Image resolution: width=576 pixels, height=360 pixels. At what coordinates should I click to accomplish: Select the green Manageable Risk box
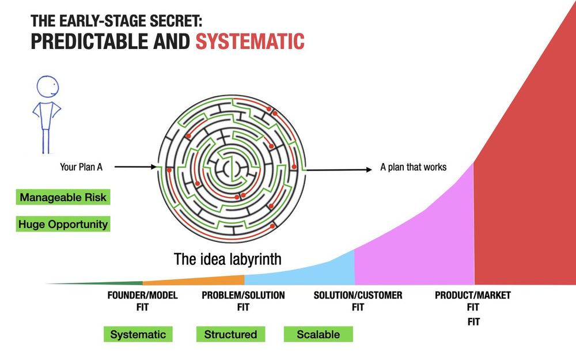pos(63,198)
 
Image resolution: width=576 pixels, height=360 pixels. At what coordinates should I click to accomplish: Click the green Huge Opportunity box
pos(63,223)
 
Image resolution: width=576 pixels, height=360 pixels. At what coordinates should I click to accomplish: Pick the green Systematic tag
pos(138,334)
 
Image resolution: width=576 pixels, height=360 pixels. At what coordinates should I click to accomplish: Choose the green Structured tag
pos(230,334)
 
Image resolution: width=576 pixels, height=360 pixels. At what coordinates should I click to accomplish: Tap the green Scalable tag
pos(318,334)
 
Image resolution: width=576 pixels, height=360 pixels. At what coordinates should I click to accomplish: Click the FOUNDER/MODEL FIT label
pos(142,301)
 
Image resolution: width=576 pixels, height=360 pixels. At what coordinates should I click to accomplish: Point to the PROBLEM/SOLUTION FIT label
pos(243,301)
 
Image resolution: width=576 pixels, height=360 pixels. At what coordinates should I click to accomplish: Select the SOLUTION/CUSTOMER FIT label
pos(358,301)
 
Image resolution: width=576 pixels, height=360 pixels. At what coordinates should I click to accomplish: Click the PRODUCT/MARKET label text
pos(472,295)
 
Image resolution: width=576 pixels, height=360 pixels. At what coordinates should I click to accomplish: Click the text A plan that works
pos(413,168)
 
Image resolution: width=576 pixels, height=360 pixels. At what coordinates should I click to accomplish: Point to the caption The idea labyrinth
pos(228,259)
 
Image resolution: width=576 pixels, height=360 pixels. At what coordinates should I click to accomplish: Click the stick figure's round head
pos(48,88)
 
